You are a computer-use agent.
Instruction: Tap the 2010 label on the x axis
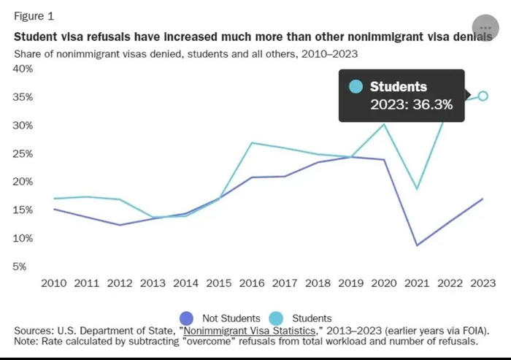(x=55, y=283)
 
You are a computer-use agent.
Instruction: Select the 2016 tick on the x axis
(x=252, y=283)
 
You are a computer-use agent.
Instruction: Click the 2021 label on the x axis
(x=417, y=283)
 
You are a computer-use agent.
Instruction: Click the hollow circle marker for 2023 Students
(x=483, y=96)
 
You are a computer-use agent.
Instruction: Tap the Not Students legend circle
(x=187, y=318)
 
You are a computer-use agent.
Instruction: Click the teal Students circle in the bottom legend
(x=276, y=318)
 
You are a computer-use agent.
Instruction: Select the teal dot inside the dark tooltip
(x=356, y=86)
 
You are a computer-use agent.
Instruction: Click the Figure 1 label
(x=34, y=16)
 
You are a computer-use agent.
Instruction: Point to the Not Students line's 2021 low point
(x=417, y=245)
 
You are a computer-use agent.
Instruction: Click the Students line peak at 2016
(x=252, y=142)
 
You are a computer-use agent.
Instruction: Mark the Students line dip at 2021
(x=417, y=189)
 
